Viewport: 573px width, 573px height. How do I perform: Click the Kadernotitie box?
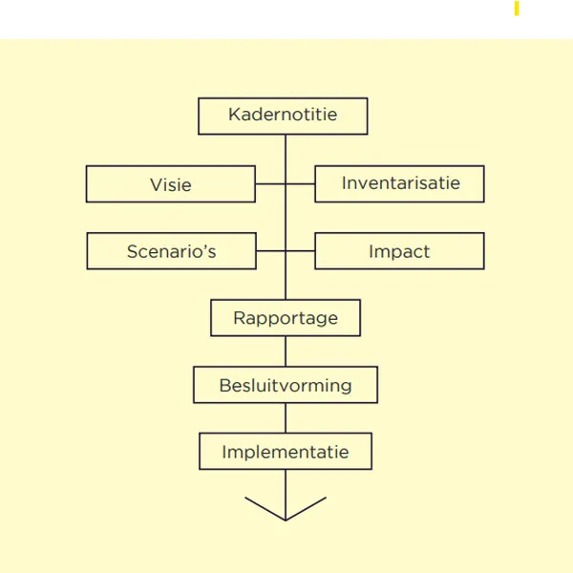click(283, 117)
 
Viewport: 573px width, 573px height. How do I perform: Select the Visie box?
click(170, 184)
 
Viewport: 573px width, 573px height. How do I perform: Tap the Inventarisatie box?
click(399, 183)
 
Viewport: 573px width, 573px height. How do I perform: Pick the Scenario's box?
click(171, 252)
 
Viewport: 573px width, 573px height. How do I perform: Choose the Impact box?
click(399, 251)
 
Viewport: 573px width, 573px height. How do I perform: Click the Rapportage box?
click(286, 318)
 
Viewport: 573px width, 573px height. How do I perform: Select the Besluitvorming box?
click(286, 386)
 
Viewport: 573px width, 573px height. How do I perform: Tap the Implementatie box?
click(286, 452)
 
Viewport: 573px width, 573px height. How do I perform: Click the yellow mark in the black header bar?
click(516, 11)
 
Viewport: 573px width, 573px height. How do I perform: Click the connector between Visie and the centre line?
click(270, 183)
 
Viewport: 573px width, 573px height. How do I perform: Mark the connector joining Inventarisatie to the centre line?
click(300, 183)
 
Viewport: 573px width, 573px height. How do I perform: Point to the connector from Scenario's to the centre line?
click(270, 251)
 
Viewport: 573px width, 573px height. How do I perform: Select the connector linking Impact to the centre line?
click(300, 251)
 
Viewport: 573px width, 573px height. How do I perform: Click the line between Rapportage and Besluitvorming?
click(286, 352)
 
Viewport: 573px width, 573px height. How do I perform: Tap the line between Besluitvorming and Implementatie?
click(286, 418)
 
